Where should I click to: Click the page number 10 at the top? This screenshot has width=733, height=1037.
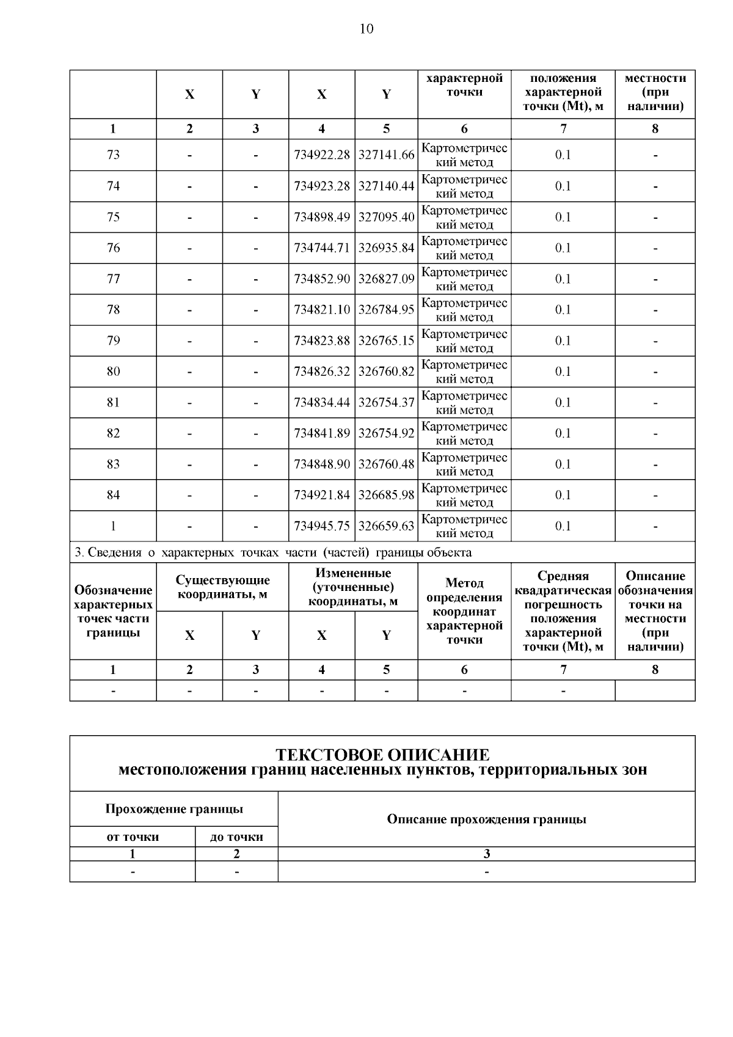pyautogui.click(x=366, y=29)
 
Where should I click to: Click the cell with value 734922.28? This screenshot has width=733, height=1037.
pyautogui.click(x=322, y=155)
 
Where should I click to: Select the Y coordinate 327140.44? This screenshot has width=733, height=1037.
pyautogui.click(x=386, y=186)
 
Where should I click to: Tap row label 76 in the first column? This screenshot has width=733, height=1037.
pyautogui.click(x=113, y=248)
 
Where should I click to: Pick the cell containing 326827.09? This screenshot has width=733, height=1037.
pyautogui.click(x=386, y=279)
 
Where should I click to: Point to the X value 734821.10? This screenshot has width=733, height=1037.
pyautogui.click(x=322, y=310)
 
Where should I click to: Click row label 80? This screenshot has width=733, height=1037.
pyautogui.click(x=113, y=372)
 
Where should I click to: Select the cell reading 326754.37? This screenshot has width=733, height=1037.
pyautogui.click(x=386, y=403)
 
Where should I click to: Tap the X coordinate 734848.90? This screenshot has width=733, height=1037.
pyautogui.click(x=322, y=464)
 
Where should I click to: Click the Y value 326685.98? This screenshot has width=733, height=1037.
pyautogui.click(x=386, y=496)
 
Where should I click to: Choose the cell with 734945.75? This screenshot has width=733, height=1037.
pyautogui.click(x=322, y=526)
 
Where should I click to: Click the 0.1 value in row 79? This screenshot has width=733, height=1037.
pyautogui.click(x=563, y=341)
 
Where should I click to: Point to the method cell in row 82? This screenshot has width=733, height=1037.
pyautogui.click(x=464, y=433)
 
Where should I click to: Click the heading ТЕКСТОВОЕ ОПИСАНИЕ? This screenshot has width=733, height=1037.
pyautogui.click(x=382, y=755)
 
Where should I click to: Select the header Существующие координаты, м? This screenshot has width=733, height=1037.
pyautogui.click(x=222, y=587)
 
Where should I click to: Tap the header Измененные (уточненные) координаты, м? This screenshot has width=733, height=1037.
pyautogui.click(x=353, y=587)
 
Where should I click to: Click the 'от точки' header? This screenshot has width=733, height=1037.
pyautogui.click(x=133, y=837)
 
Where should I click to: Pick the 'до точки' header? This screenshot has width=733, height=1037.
pyautogui.click(x=236, y=837)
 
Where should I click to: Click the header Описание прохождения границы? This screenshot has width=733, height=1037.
pyautogui.click(x=486, y=819)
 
